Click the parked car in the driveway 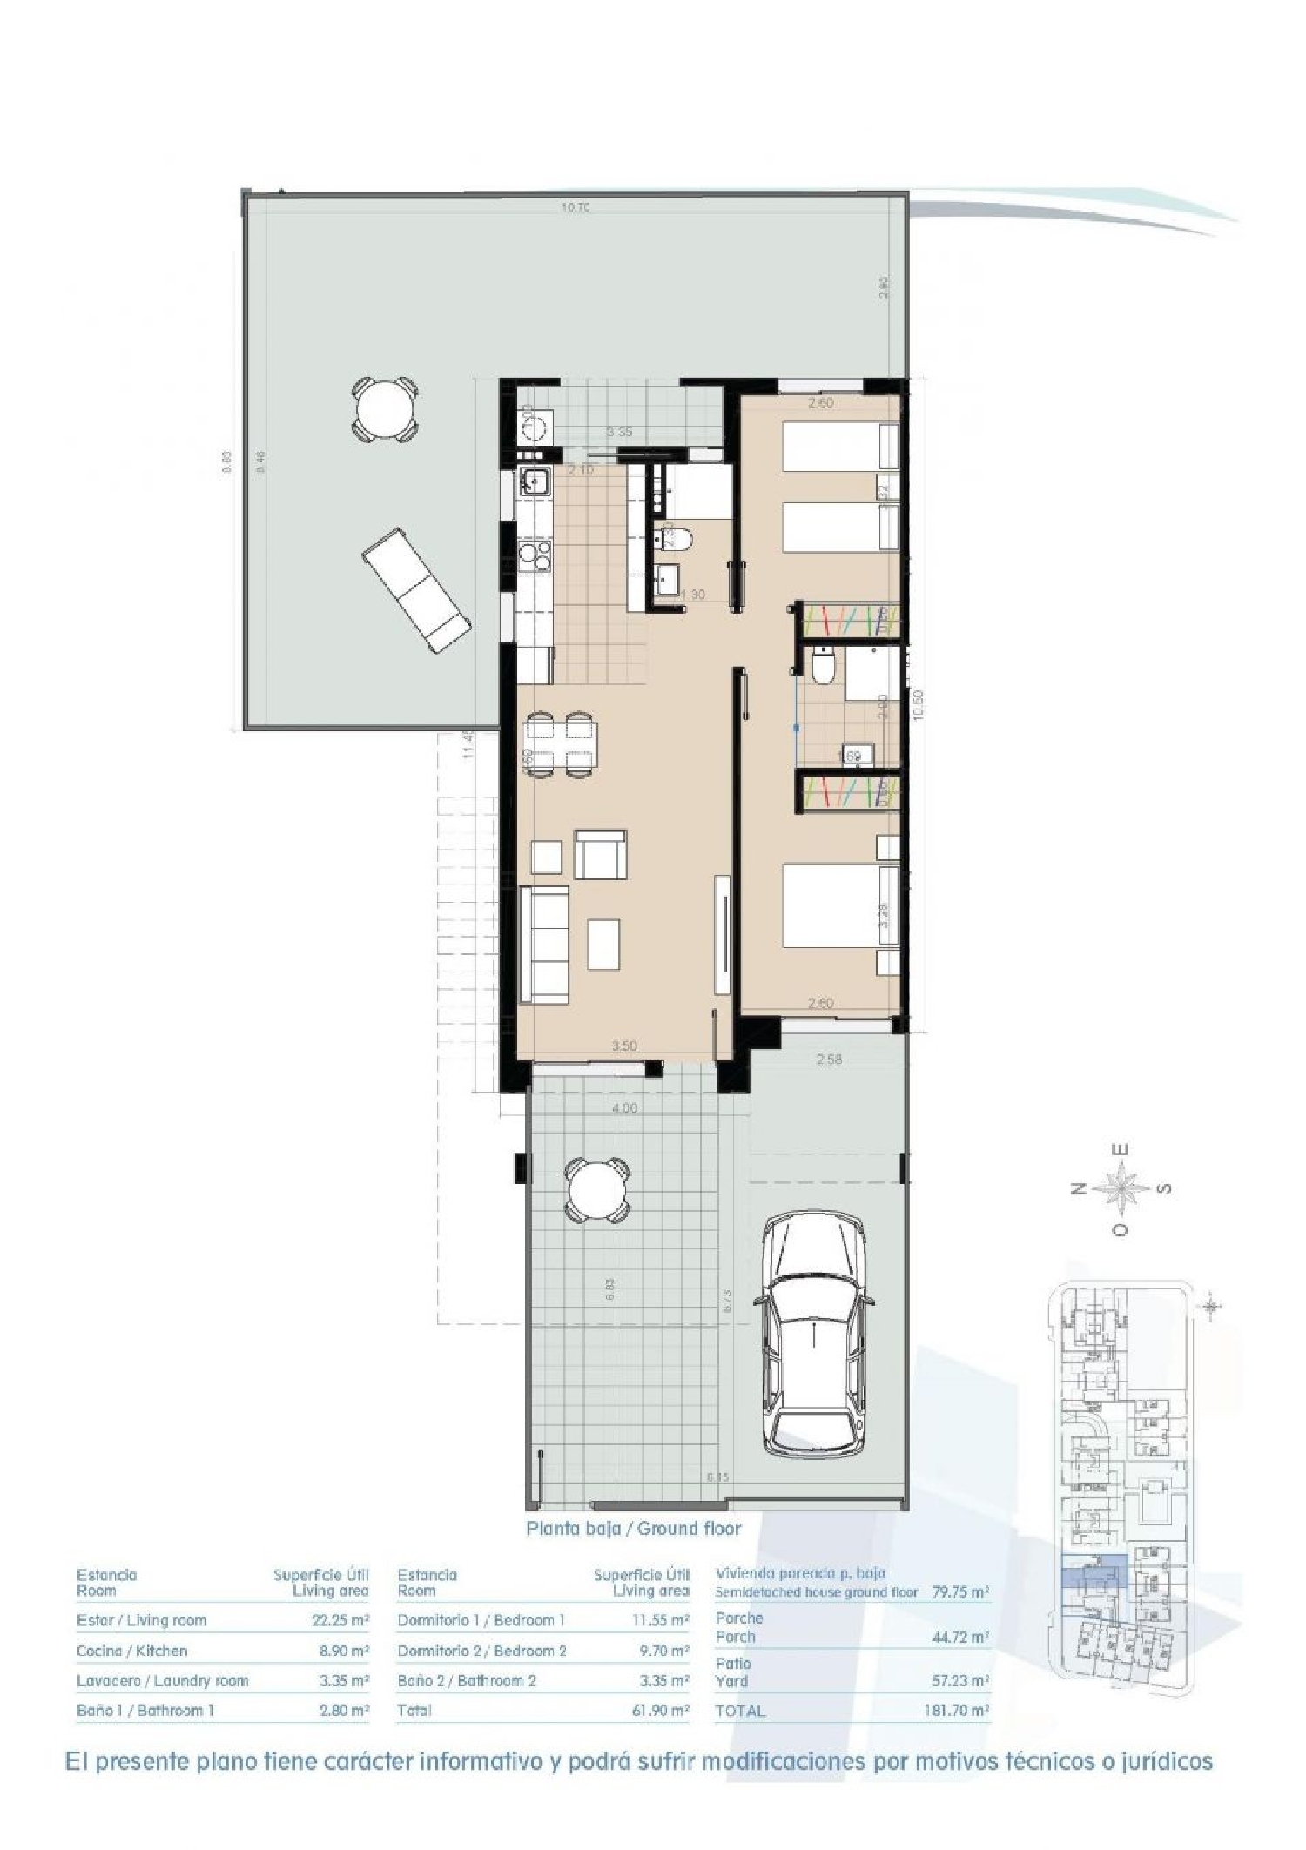[x=813, y=1335]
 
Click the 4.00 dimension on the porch [x=624, y=1108]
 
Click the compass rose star [x=1121, y=1187]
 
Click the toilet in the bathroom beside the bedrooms [x=821, y=669]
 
